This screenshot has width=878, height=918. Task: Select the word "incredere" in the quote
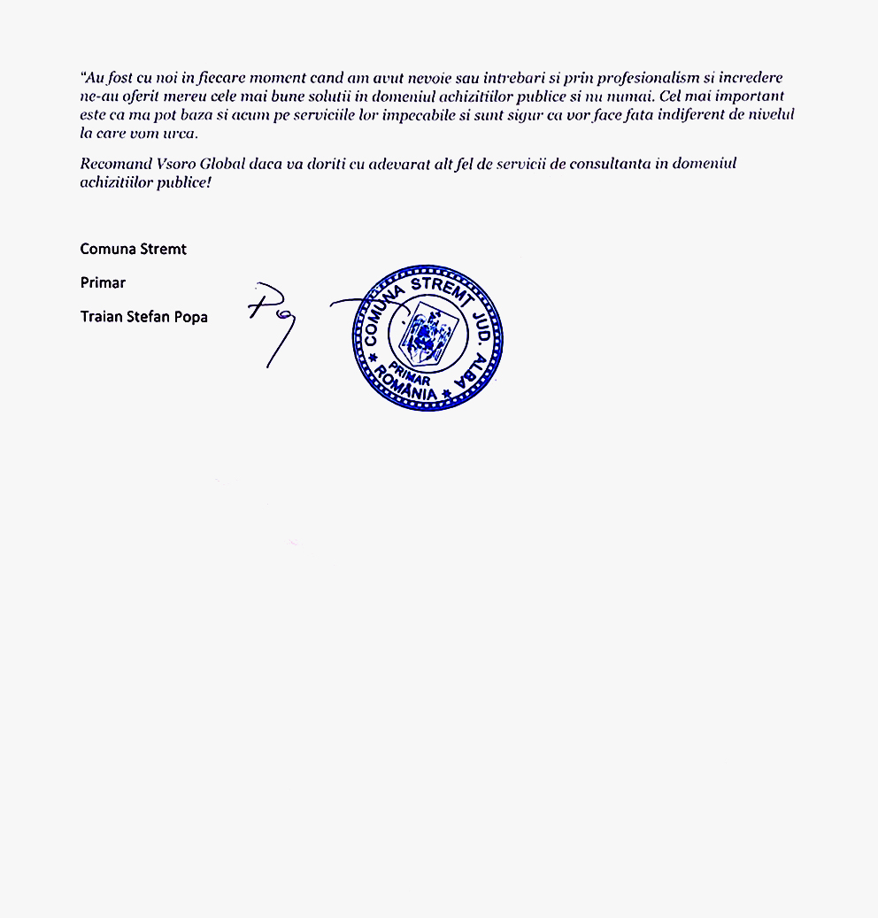[x=751, y=78]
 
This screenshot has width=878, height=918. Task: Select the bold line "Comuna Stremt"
[x=134, y=249]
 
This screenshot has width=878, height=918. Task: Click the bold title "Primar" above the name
[x=103, y=282]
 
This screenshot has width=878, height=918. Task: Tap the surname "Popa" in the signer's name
[x=190, y=316]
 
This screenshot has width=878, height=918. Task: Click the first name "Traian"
[x=101, y=316]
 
